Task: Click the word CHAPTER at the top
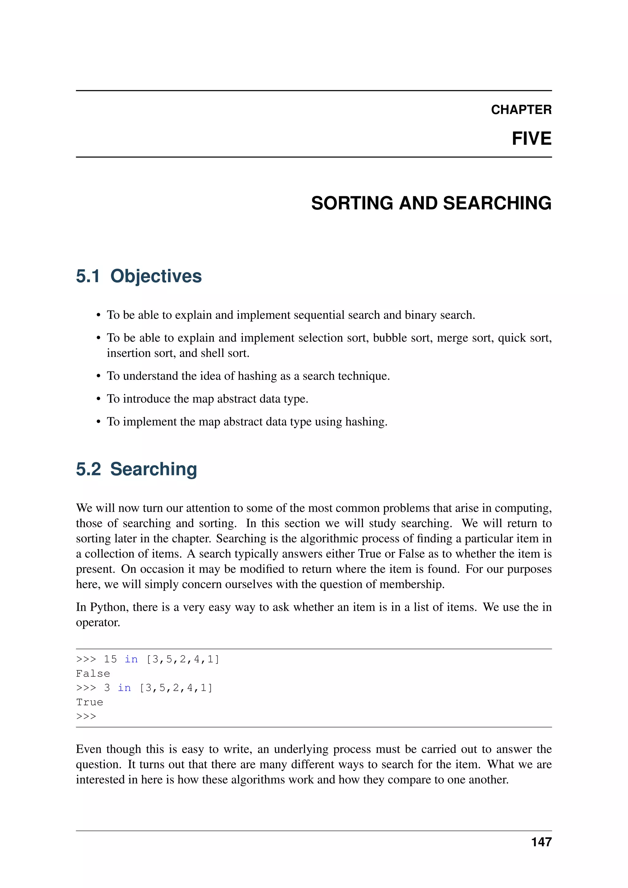(521, 110)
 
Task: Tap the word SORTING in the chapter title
(352, 203)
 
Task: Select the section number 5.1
(88, 276)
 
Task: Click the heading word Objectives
(156, 276)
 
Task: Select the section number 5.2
(88, 469)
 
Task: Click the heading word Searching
(154, 469)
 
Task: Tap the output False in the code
(93, 674)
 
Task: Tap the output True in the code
(89, 702)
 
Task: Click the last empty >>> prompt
(86, 716)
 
